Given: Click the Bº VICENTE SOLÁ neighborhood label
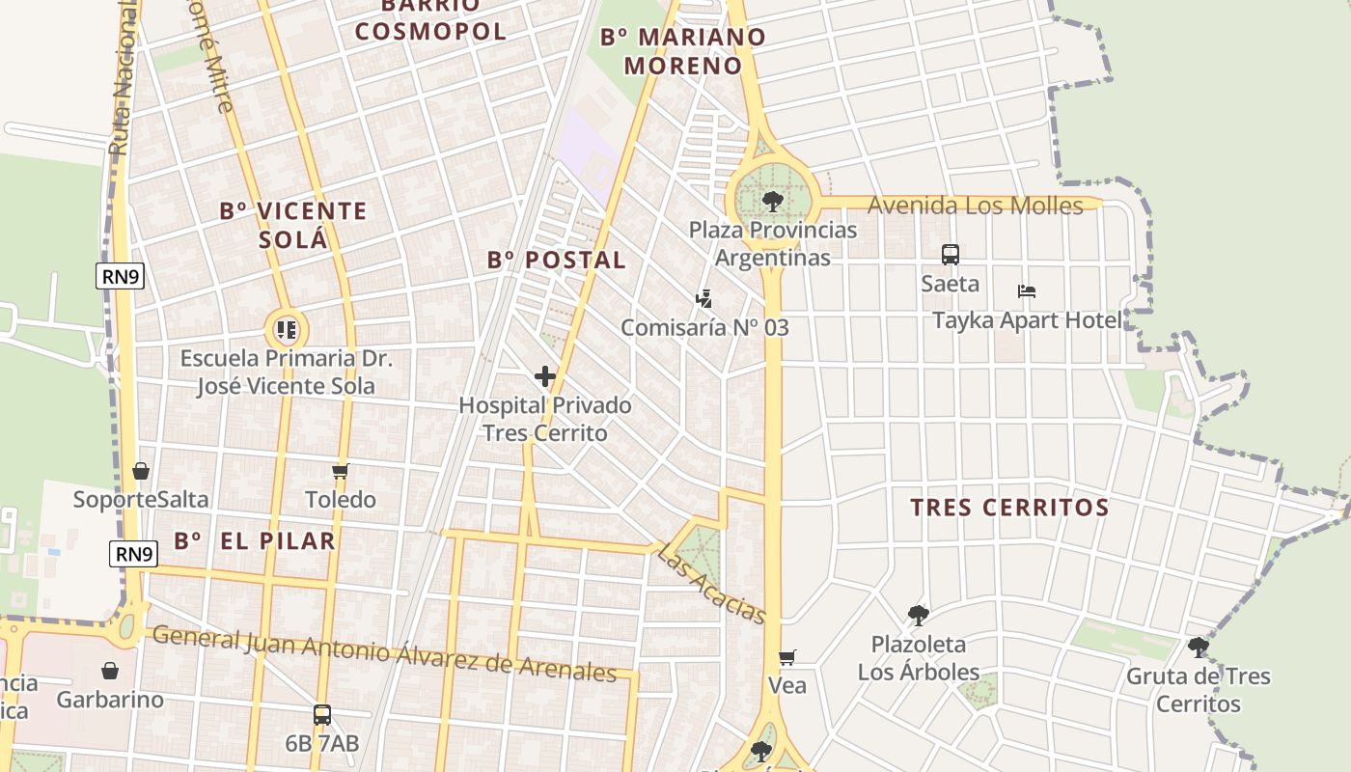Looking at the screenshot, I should pyautogui.click(x=293, y=225).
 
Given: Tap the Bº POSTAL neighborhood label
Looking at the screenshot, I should pyautogui.click(x=557, y=260).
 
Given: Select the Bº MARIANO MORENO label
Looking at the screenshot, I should pyautogui.click(x=683, y=51).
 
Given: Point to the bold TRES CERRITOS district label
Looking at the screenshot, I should pyautogui.click(x=1009, y=507).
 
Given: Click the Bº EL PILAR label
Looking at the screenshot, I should pyautogui.click(x=255, y=540).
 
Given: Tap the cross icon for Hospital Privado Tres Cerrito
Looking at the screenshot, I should pyautogui.click(x=545, y=376).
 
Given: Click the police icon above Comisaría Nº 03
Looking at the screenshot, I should pyautogui.click(x=705, y=299).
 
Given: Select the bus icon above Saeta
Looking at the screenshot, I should pyautogui.click(x=951, y=255).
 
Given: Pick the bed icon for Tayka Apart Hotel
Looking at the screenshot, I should pyautogui.click(x=1027, y=291).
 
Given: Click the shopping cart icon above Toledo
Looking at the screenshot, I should pyautogui.click(x=340, y=472).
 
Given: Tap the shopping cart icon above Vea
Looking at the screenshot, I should pyautogui.click(x=787, y=657).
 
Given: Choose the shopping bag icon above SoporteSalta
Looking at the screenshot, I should pyautogui.click(x=141, y=471).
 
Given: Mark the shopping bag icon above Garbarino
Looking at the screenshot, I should pyautogui.click(x=110, y=671).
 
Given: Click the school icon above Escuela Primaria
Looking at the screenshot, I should pyautogui.click(x=287, y=330).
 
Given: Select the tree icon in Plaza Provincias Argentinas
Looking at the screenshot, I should pyautogui.click(x=772, y=201).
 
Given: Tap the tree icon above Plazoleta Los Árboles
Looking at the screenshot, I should pyautogui.click(x=919, y=615).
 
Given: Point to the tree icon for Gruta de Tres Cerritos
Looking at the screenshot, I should pyautogui.click(x=1199, y=647).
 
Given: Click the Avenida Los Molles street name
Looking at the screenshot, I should pyautogui.click(x=975, y=205).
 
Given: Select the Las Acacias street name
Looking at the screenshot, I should pyautogui.click(x=711, y=584).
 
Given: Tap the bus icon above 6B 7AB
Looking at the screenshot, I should pyautogui.click(x=322, y=715).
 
